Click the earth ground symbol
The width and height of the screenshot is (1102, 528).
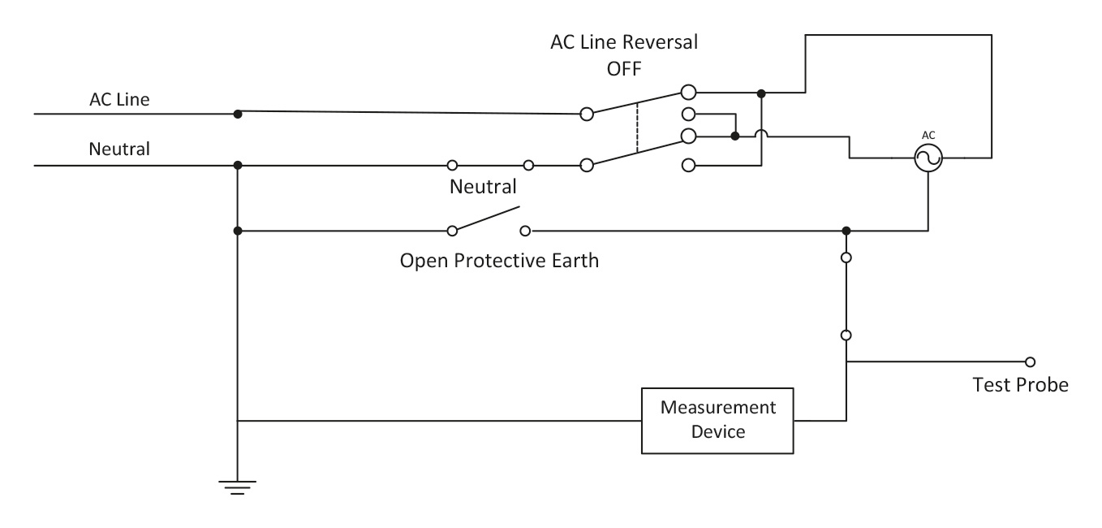(x=237, y=487)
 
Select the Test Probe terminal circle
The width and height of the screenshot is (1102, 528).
(x=1030, y=361)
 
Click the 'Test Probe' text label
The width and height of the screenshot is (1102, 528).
(x=1020, y=384)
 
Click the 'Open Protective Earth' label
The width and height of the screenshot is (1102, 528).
(x=499, y=262)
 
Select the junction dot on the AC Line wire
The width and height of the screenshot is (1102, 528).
(x=237, y=113)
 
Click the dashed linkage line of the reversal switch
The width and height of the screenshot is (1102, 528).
(x=638, y=127)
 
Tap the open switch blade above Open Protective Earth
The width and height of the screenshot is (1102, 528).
(x=487, y=219)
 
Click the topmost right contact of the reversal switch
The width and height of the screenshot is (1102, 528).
(x=688, y=93)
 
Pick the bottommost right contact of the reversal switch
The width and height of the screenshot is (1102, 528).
(x=688, y=165)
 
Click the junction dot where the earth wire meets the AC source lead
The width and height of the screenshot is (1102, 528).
(x=846, y=231)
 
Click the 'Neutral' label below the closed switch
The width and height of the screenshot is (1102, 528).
(x=483, y=187)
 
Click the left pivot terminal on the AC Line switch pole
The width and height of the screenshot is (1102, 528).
(x=587, y=115)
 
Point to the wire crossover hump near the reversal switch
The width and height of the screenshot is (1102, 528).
(x=760, y=136)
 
